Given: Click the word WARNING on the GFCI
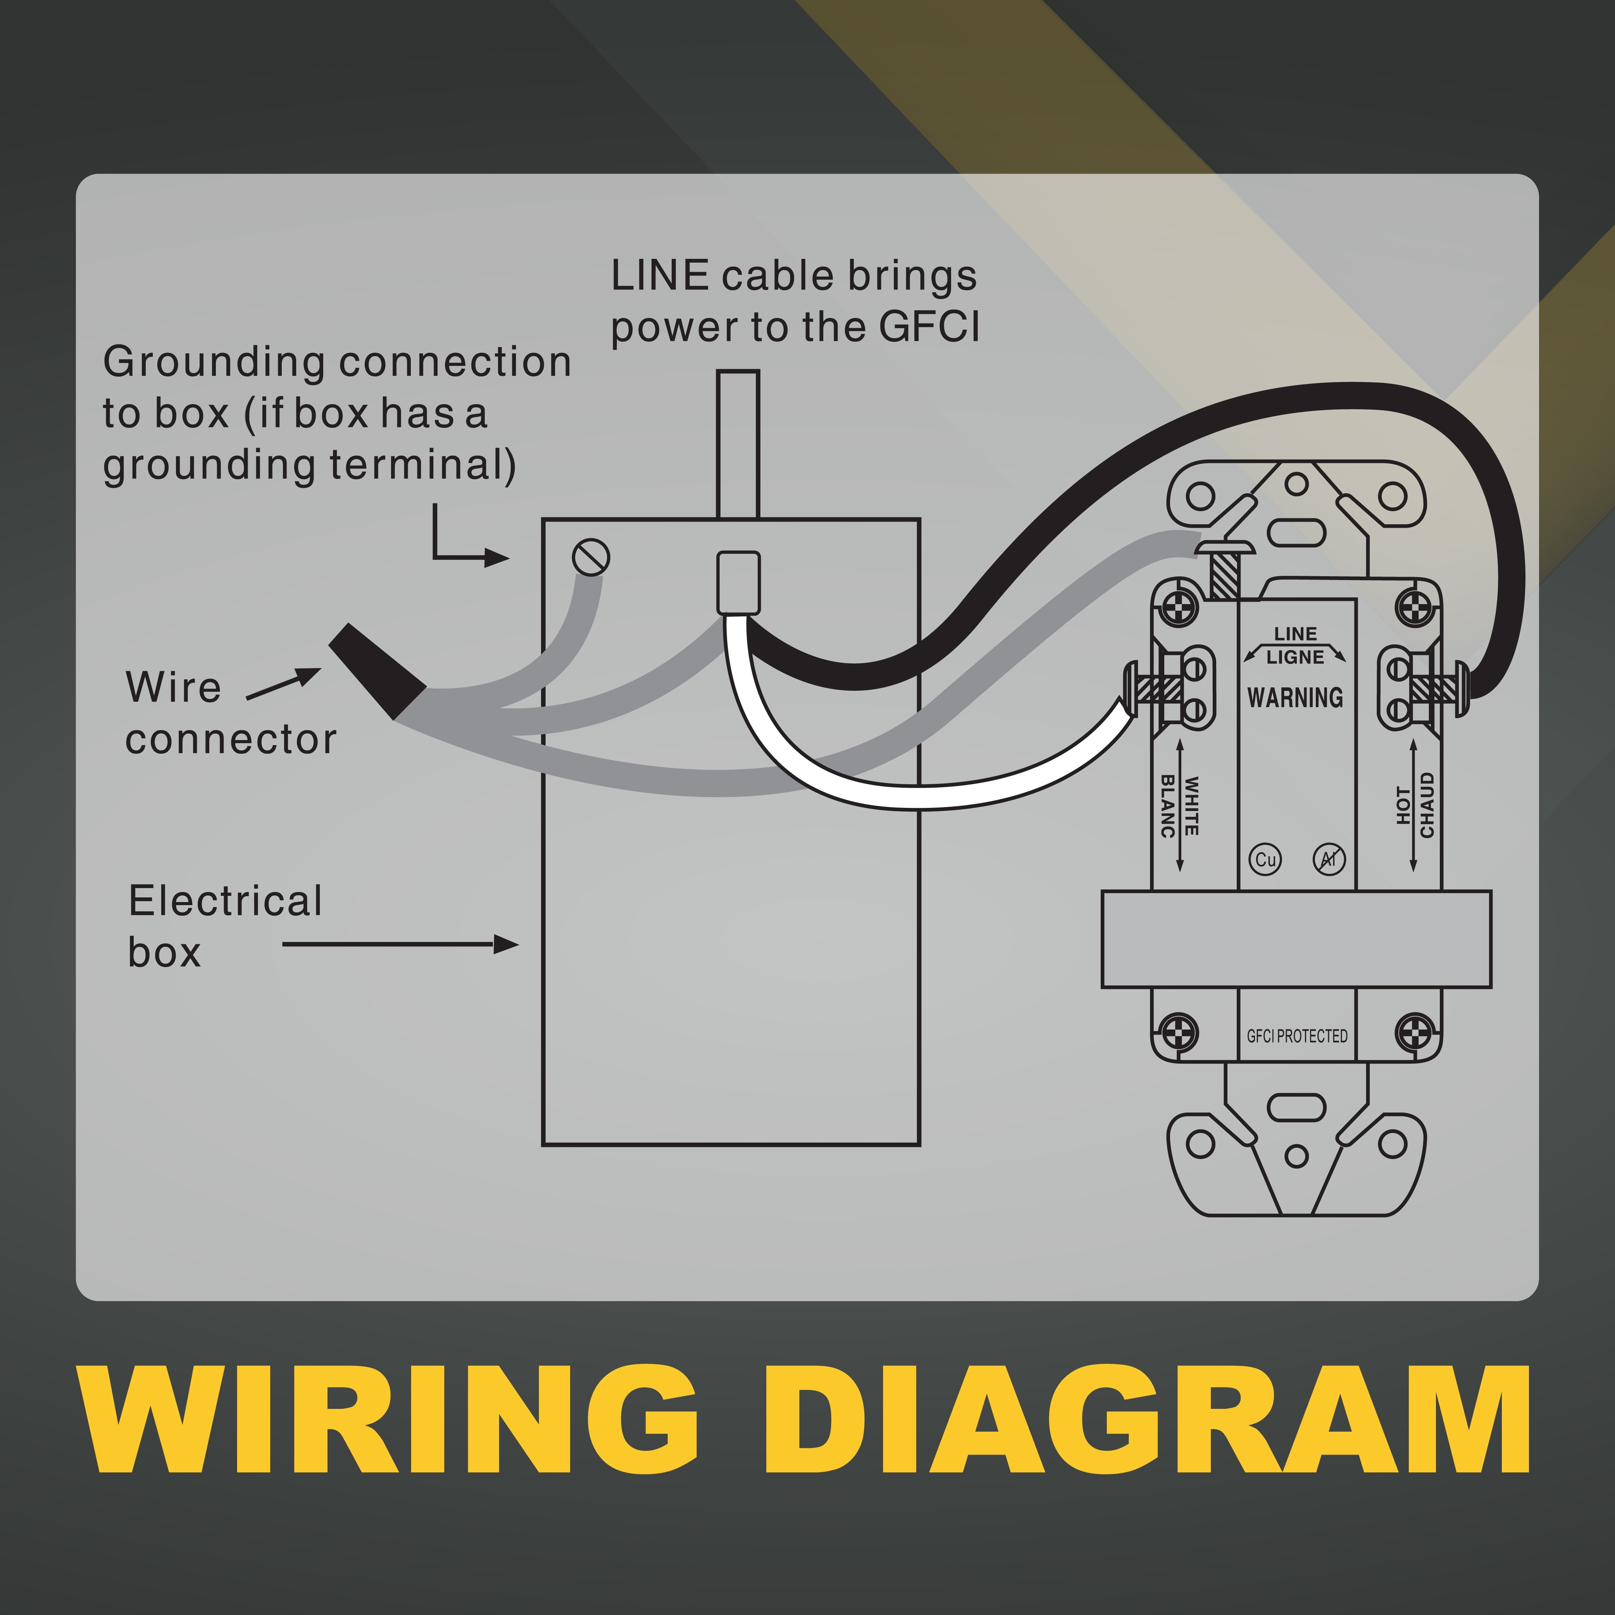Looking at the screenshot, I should point(1295,697).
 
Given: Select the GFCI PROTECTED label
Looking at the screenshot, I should point(1296,1036).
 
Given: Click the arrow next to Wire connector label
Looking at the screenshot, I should point(284,685).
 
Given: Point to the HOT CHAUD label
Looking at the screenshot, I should point(1415,805).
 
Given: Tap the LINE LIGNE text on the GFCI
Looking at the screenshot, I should point(1295,645).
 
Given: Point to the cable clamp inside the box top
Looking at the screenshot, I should point(738,583).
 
